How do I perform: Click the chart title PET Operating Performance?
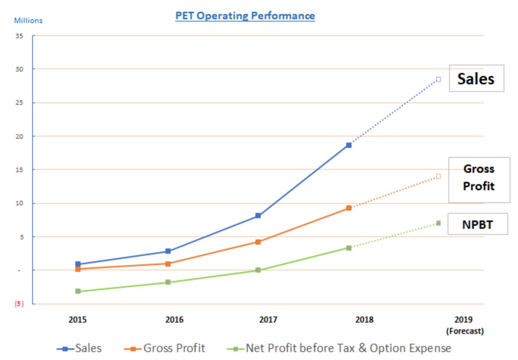245,16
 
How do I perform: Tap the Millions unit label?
28,20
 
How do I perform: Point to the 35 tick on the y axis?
19,36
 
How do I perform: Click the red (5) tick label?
19,304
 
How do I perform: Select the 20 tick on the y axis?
19,137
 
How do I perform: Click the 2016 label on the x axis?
174,320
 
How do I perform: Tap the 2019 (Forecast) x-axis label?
464,325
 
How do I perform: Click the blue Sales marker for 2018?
348,145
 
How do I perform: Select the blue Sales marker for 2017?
258,216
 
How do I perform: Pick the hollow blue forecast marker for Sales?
438,79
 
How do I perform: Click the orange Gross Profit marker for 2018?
348,208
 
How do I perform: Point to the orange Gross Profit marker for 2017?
258,242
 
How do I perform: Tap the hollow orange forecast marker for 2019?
438,176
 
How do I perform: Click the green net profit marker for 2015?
78,291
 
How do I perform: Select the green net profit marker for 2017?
258,270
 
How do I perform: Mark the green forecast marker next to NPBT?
438,223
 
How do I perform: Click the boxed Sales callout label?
476,79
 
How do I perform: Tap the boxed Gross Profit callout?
479,178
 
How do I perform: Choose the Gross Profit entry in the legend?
165,348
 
